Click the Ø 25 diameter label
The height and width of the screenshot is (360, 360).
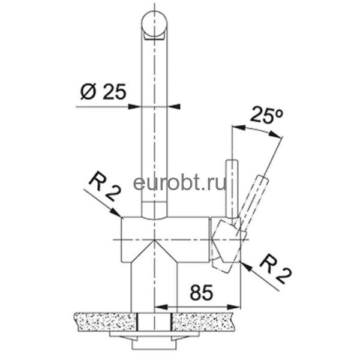pos(103,92)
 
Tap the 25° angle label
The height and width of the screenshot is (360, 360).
pos(267,115)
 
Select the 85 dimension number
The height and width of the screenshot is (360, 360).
pos(202,293)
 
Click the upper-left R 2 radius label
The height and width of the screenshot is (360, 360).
pos(104,187)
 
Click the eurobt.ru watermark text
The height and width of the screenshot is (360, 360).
pos(180,183)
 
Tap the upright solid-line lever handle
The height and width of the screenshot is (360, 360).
pos(232,188)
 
